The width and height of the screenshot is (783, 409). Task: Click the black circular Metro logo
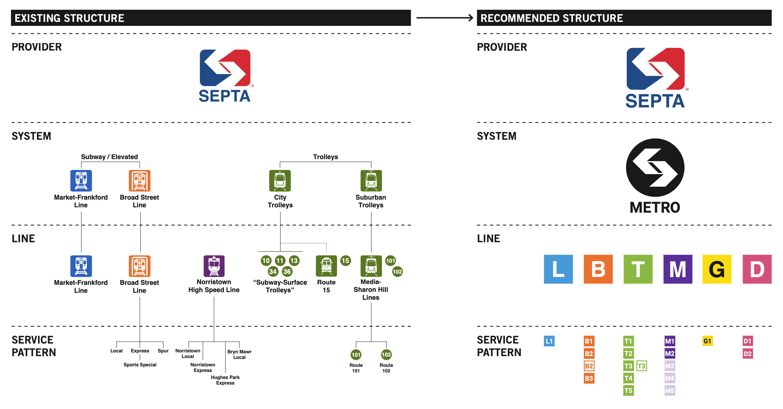click(655, 167)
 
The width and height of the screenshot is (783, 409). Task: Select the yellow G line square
click(717, 269)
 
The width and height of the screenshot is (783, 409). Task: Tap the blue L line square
click(558, 269)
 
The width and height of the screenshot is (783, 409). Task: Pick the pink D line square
click(757, 269)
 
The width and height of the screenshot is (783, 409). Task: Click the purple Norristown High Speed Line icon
click(214, 266)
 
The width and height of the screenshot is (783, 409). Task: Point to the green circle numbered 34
click(273, 272)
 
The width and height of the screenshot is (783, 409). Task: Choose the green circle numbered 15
click(345, 261)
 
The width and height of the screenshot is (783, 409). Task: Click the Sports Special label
click(140, 365)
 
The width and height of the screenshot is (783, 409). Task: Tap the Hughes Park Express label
click(225, 380)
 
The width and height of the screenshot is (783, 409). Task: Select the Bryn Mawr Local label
click(239, 354)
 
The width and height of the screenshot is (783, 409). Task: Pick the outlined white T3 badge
click(642, 366)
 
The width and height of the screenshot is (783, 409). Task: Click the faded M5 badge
click(670, 390)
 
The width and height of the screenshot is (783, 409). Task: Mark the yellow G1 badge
click(708, 341)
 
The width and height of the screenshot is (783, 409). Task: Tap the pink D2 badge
click(747, 354)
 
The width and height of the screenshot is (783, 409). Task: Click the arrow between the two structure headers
click(444, 18)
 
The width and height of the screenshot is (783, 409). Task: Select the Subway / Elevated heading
click(109, 157)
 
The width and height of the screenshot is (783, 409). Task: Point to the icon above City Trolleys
click(280, 181)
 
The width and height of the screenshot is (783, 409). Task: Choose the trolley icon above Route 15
click(327, 266)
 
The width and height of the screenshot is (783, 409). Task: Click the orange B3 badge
click(589, 378)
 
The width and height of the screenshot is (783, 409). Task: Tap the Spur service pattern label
click(163, 351)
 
